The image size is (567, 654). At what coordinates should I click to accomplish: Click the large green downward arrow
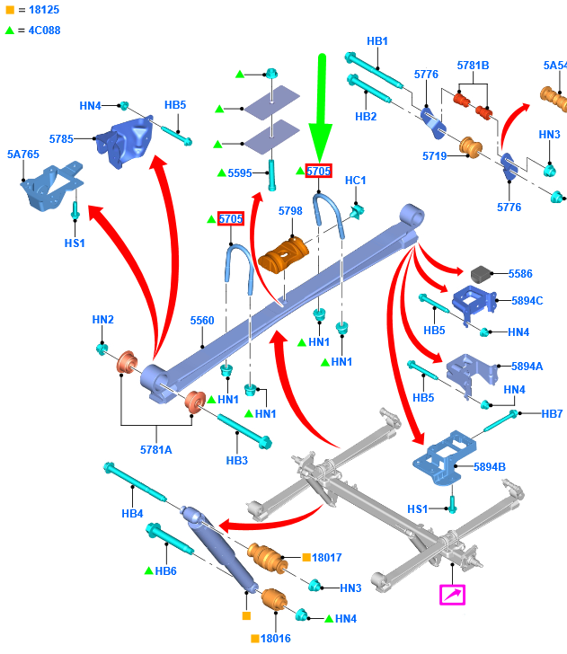click(320, 108)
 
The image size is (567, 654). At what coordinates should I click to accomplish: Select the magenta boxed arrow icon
click(452, 594)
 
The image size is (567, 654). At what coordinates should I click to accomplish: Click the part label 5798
click(290, 211)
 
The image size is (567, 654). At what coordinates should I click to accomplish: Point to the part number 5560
click(202, 321)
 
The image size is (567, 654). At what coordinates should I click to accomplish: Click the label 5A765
click(23, 155)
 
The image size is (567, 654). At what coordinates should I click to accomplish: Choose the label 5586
click(520, 273)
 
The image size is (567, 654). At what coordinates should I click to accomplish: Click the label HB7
click(552, 414)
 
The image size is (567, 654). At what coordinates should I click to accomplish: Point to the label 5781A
click(155, 450)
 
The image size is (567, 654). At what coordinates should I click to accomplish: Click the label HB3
click(236, 461)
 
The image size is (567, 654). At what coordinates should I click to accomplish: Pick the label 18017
click(327, 558)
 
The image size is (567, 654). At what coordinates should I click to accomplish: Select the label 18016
click(276, 638)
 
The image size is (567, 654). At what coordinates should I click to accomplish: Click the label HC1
click(356, 181)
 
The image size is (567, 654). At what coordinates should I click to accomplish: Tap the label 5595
click(240, 172)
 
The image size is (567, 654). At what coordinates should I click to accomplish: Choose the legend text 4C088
click(40, 30)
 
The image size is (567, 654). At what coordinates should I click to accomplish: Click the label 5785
click(62, 139)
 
